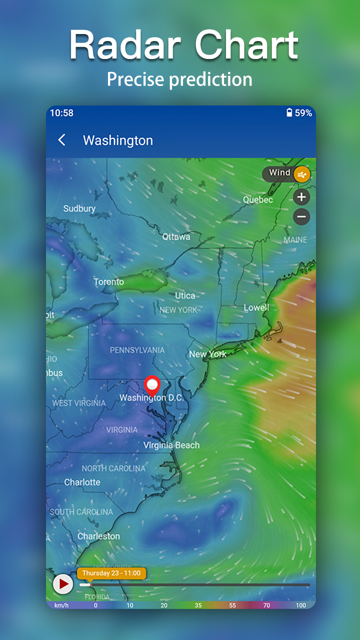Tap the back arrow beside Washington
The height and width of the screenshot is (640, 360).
[x=62, y=140]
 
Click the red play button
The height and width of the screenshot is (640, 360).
[x=63, y=583]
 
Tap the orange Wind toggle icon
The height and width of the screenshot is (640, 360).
[x=302, y=174]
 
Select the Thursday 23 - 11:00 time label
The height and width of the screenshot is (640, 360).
[x=111, y=573]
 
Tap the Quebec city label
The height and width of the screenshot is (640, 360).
[x=258, y=199]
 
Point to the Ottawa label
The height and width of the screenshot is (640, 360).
[x=176, y=236]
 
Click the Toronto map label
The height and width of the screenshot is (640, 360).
[x=108, y=282]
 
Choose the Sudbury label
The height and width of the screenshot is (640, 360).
[x=79, y=208]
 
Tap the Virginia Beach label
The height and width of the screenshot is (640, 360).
[x=171, y=445]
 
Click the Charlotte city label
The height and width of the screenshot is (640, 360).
[x=82, y=482]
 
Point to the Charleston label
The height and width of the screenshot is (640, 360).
[x=98, y=536]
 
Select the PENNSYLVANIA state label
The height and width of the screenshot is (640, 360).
[x=137, y=350]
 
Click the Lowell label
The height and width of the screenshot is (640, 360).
[x=256, y=307]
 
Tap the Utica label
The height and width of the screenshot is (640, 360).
[x=185, y=295]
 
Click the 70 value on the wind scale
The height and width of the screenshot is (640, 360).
[x=266, y=605]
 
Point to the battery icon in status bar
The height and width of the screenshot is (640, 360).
[x=289, y=113]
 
